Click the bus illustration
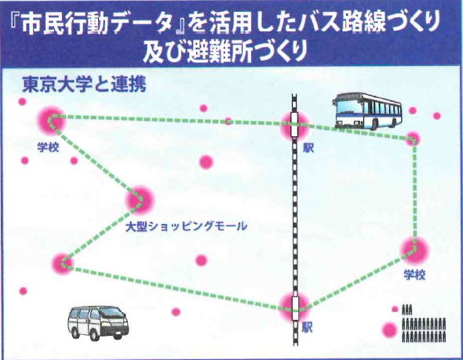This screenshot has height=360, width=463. click(367, 111)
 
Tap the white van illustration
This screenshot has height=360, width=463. click(98, 323)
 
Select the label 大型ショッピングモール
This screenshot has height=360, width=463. click(186, 227)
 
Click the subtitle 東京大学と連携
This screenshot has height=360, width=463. click(84, 85)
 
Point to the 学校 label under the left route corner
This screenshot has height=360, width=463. click(48, 147)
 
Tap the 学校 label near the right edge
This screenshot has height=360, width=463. click(414, 275)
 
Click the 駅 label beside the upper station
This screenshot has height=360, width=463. click(308, 147)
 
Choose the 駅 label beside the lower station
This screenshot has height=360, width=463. click(308, 328)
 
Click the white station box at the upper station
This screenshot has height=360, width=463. click(294, 124)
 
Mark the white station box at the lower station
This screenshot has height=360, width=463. click(295, 308)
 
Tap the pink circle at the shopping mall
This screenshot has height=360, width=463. click(140, 200)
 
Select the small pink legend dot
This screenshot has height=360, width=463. click(395, 309)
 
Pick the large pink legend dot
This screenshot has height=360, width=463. click(389, 329)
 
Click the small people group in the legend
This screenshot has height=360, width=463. click(407, 310)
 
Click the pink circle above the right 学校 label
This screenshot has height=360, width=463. click(414, 250)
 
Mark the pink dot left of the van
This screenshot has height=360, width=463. click(23, 291)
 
